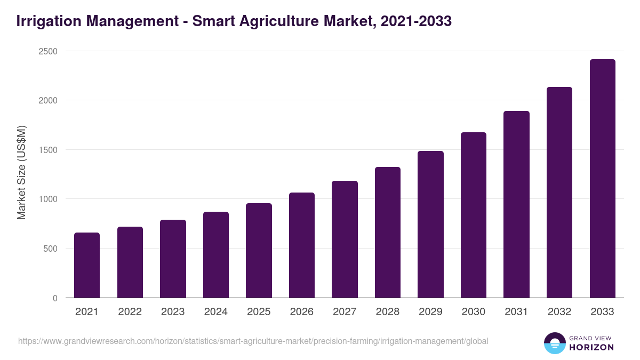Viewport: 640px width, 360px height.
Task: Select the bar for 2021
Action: coord(87,265)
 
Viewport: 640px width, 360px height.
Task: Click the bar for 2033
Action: coord(603,179)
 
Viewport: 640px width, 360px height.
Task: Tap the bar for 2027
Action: coord(345,239)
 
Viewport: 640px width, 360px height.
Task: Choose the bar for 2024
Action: coord(216,255)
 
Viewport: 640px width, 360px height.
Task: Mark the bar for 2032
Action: coord(559,193)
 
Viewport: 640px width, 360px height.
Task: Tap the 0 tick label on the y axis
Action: coord(55,298)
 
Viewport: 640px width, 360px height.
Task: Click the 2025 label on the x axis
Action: coord(259,312)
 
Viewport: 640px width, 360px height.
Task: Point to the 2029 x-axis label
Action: coord(430,312)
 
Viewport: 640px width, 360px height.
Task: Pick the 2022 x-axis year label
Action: coord(130,312)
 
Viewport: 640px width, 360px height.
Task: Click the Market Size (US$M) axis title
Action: coord(21,173)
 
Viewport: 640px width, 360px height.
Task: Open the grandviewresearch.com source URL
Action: coord(253,341)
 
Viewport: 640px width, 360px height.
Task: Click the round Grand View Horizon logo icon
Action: coord(554,343)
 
